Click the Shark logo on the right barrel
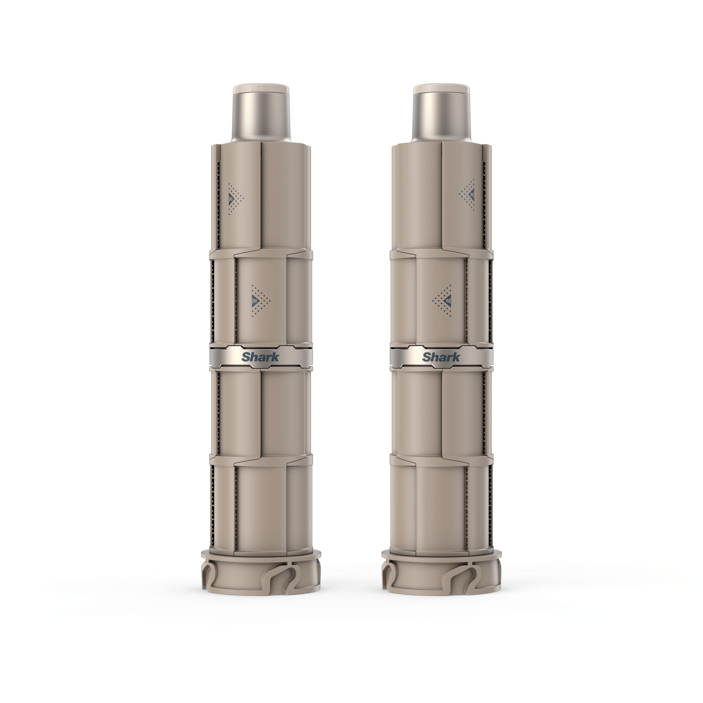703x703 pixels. pos(441,357)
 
